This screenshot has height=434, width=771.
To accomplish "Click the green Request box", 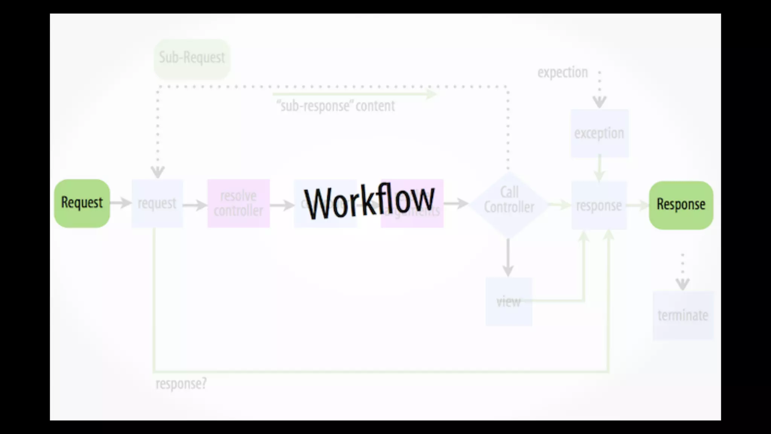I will (82, 203).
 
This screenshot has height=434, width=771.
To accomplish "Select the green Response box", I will (681, 205).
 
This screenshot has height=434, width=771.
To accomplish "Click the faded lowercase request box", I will (157, 203).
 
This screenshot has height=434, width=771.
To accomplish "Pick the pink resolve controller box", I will (238, 203).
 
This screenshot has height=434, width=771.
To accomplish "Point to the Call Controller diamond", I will (509, 205).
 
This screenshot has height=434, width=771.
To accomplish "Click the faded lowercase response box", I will (599, 205).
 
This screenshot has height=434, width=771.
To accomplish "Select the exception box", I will (599, 133).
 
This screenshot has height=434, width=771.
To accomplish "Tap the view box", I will (509, 301).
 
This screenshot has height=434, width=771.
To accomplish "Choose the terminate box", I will (683, 315).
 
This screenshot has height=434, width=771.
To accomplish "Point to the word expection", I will (562, 72).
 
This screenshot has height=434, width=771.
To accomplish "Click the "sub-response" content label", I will (335, 106).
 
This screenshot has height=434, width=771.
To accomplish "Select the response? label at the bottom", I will (181, 384).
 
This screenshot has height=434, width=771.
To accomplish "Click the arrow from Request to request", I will (121, 203).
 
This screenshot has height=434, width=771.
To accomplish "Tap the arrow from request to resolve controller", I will (195, 205).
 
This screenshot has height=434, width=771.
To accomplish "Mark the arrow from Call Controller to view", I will (508, 258).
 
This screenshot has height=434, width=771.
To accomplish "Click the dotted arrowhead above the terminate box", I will (683, 284).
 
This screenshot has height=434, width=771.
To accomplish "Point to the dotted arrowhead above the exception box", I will (599, 101).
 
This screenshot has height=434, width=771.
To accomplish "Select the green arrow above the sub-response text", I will (354, 94).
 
